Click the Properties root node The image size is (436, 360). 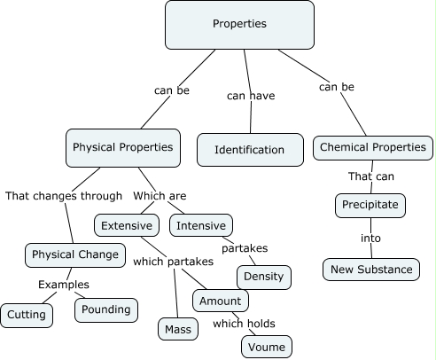pyautogui.click(x=239, y=24)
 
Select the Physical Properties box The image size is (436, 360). pyautogui.click(x=122, y=147)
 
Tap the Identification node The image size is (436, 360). pyautogui.click(x=250, y=150)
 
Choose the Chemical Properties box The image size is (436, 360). pyautogui.click(x=373, y=147)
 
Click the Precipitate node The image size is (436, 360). pyautogui.click(x=371, y=206)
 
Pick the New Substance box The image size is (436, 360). pyautogui.click(x=371, y=269)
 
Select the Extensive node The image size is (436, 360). pyautogui.click(x=127, y=225)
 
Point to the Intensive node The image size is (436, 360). pyautogui.click(x=201, y=225)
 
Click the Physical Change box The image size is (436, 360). pyautogui.click(x=74, y=255)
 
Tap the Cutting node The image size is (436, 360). pyautogui.click(x=27, y=314)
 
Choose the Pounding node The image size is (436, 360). pyautogui.click(x=106, y=309)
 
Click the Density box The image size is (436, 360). pyautogui.click(x=263, y=277)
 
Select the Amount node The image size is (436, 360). pyautogui.click(x=220, y=301)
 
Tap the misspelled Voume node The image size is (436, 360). pyautogui.click(x=267, y=346)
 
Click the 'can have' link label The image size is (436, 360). pyautogui.click(x=250, y=95)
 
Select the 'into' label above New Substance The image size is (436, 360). pyautogui.click(x=370, y=238)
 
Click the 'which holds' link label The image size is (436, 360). pyautogui.click(x=241, y=324)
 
